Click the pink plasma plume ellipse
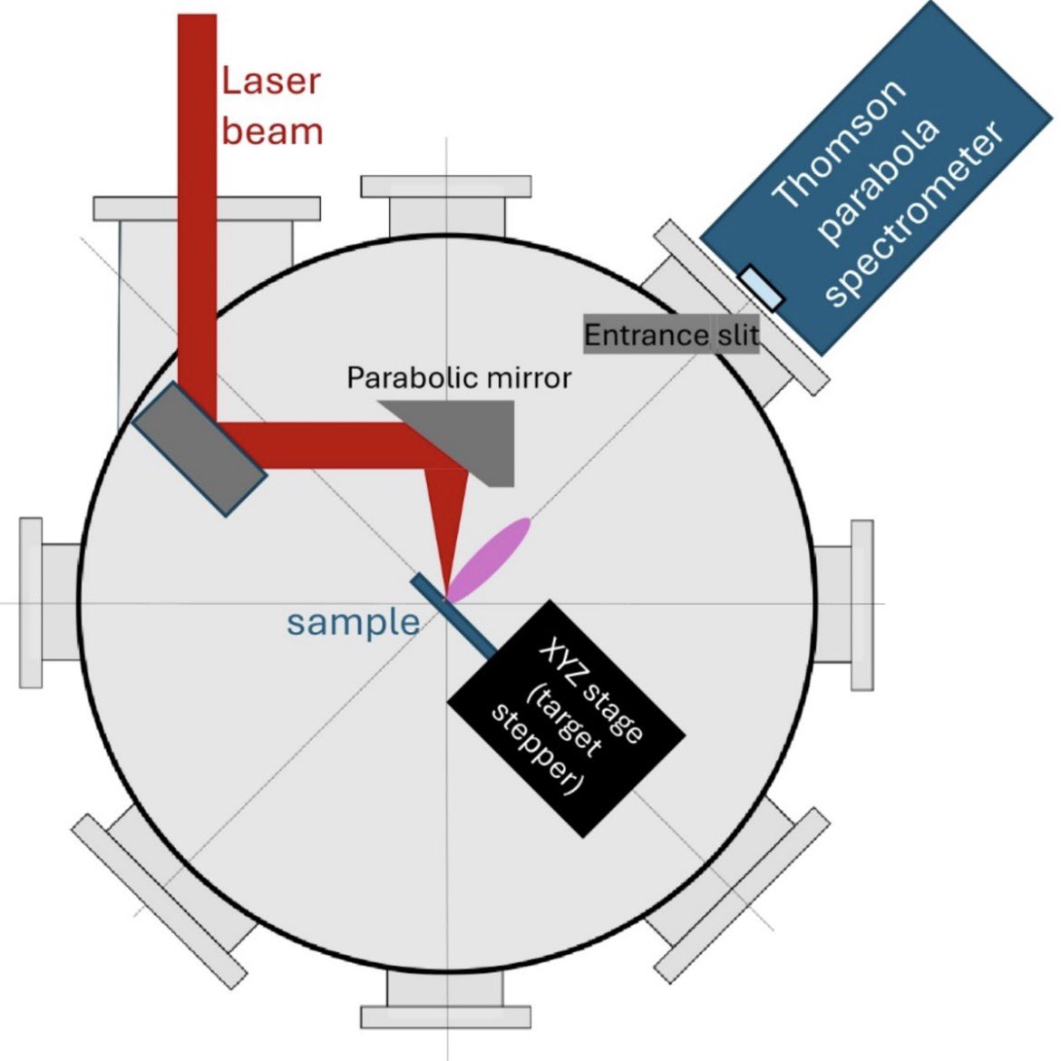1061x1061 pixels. click(x=491, y=560)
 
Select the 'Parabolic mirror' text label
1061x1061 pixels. click(x=459, y=377)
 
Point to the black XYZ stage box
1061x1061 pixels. click(x=567, y=716)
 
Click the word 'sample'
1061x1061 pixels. click(x=353, y=623)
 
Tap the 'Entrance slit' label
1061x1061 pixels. click(x=670, y=336)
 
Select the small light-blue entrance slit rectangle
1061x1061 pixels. click(x=761, y=287)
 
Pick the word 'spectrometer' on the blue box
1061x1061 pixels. click(x=916, y=213)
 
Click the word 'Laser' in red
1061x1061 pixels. click(x=271, y=82)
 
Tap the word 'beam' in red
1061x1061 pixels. click(x=272, y=131)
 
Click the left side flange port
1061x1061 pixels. click(x=41, y=602)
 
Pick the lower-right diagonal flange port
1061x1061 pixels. click(x=735, y=893)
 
